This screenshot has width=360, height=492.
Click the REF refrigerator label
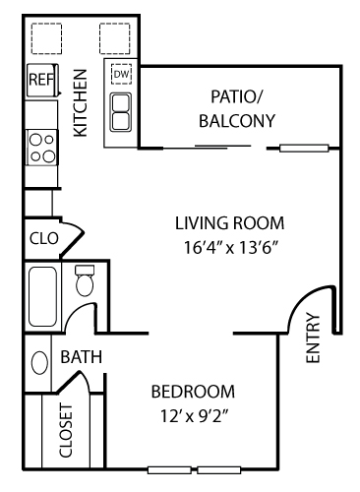(x=41, y=80)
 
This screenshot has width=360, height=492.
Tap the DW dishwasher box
(x=121, y=74)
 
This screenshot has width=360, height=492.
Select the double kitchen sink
(x=121, y=112)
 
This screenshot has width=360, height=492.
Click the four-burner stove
(x=42, y=148)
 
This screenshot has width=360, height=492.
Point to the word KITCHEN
(x=80, y=102)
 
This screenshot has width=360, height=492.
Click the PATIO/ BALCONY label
(x=237, y=109)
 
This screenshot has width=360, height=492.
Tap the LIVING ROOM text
(x=229, y=223)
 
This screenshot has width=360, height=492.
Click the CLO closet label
(x=44, y=238)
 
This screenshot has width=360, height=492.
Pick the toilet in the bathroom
(x=85, y=280)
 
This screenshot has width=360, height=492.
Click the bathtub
(x=42, y=296)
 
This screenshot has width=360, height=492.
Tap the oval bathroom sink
(x=39, y=363)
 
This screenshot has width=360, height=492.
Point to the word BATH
(x=82, y=357)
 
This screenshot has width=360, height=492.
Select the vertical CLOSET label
(x=66, y=430)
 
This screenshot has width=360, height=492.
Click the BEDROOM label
(x=193, y=392)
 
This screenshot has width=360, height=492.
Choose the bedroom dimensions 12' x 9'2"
(x=194, y=416)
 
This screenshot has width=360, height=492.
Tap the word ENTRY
(x=313, y=338)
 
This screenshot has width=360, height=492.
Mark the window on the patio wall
(x=304, y=149)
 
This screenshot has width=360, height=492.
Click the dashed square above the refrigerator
(x=46, y=38)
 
